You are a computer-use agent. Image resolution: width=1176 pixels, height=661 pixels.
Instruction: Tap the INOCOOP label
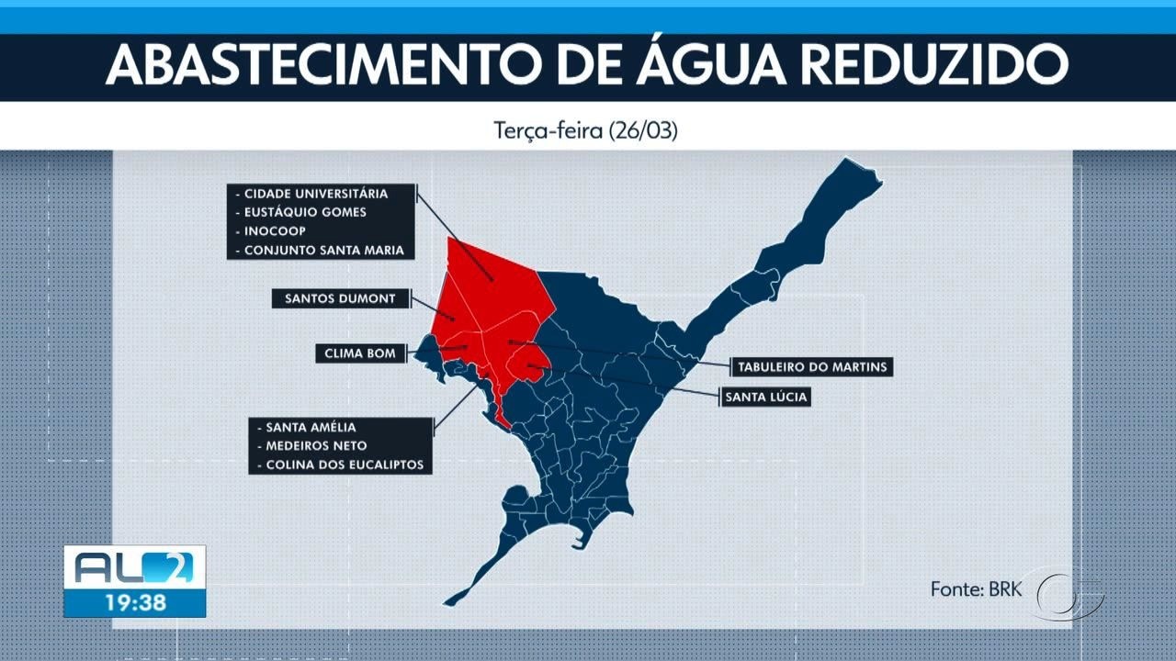pos(275,231)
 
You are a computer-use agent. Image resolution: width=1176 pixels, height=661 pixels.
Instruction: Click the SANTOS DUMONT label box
pos(340,298)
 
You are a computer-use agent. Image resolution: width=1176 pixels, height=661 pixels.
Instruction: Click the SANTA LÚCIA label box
pos(766,398)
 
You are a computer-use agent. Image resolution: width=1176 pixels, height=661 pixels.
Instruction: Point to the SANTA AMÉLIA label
pos(310,427)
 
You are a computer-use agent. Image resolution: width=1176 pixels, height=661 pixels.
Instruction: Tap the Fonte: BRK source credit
pos(976,588)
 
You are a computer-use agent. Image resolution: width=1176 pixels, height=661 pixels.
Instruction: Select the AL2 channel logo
pos(134,568)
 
